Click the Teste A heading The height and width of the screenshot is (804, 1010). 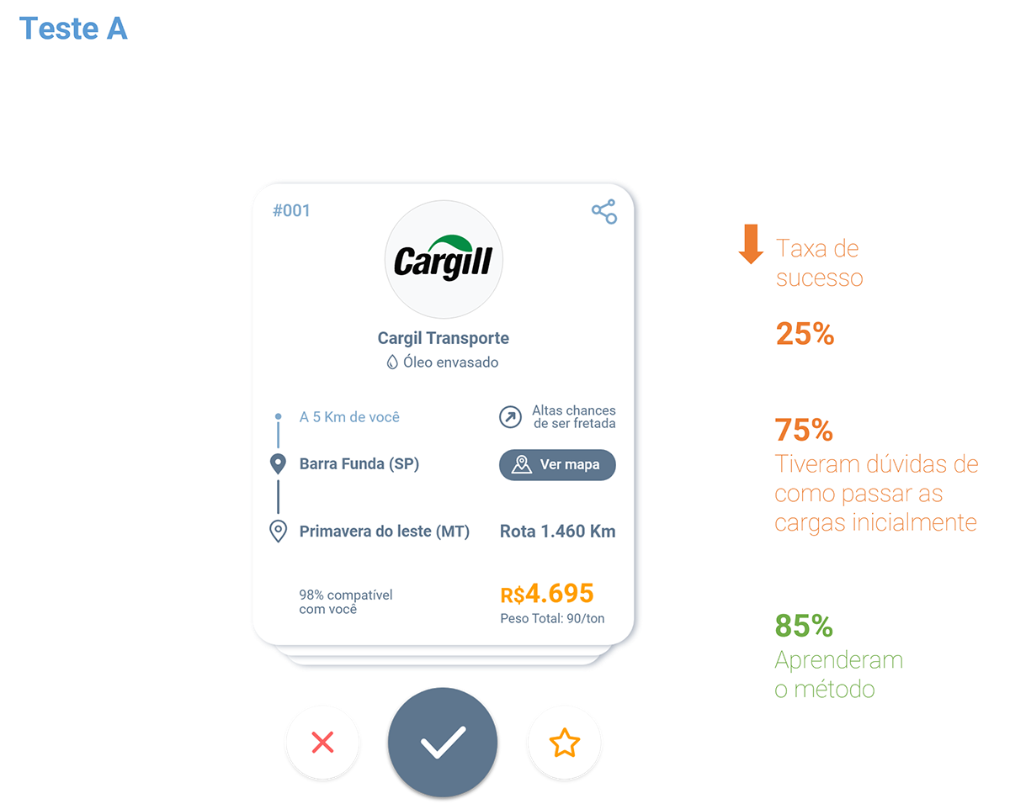point(73,28)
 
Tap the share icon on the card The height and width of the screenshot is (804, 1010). point(603,212)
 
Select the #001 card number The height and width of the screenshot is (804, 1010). point(291,210)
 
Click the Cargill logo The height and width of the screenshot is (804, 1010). point(443,259)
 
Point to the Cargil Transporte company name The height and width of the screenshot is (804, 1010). point(443,338)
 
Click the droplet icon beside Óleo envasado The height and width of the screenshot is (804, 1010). point(392,362)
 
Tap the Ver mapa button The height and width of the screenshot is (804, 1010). point(556,464)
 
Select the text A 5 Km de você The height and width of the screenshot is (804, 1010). point(349,416)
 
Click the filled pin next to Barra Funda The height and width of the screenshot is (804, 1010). point(278,464)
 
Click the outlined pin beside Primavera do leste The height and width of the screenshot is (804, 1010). point(278,531)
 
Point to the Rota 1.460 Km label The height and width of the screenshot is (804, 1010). point(557,531)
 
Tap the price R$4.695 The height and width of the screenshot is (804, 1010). point(547,593)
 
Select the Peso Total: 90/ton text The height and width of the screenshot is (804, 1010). point(552,618)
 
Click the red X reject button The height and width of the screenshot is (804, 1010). point(322,742)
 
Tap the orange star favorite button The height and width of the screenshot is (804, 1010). point(564,743)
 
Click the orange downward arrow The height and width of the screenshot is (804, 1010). point(751,244)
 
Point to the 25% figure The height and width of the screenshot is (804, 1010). point(805,334)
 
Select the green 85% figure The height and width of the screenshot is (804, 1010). point(804,625)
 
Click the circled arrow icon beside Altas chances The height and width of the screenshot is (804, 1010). point(510,416)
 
